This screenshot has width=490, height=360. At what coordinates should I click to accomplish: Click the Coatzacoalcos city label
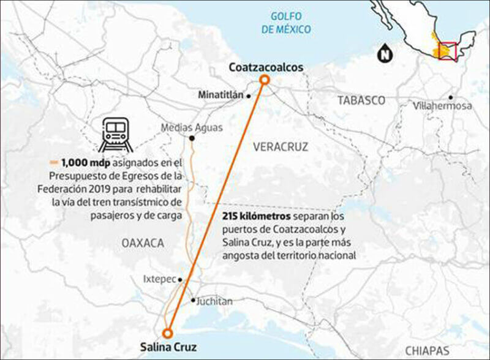(265, 67)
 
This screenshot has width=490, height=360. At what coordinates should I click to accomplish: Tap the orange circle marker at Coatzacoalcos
(264, 81)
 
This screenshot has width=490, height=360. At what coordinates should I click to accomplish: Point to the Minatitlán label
(221, 96)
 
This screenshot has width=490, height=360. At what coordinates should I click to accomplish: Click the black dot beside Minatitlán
(249, 96)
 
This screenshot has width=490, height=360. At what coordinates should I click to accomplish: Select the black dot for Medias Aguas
(192, 138)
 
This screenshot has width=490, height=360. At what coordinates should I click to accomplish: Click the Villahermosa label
(443, 106)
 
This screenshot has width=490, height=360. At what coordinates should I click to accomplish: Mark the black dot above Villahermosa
(450, 97)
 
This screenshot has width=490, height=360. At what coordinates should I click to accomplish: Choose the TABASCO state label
(361, 100)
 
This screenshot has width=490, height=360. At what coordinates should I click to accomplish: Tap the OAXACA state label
(139, 243)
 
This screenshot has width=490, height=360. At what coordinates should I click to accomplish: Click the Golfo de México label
(285, 23)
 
